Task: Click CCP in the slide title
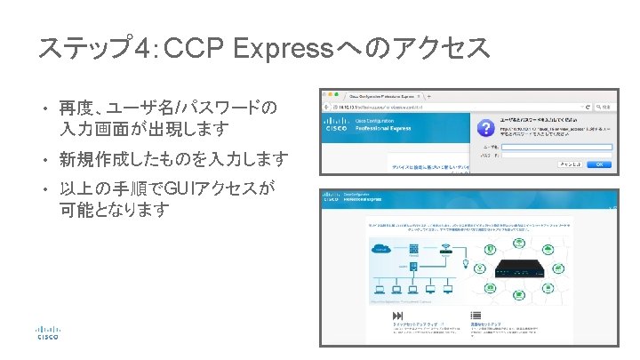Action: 196,49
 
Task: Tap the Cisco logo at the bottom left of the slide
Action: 47,331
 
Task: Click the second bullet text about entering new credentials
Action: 173,160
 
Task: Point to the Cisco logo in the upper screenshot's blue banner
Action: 339,124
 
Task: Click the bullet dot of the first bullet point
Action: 43,109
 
